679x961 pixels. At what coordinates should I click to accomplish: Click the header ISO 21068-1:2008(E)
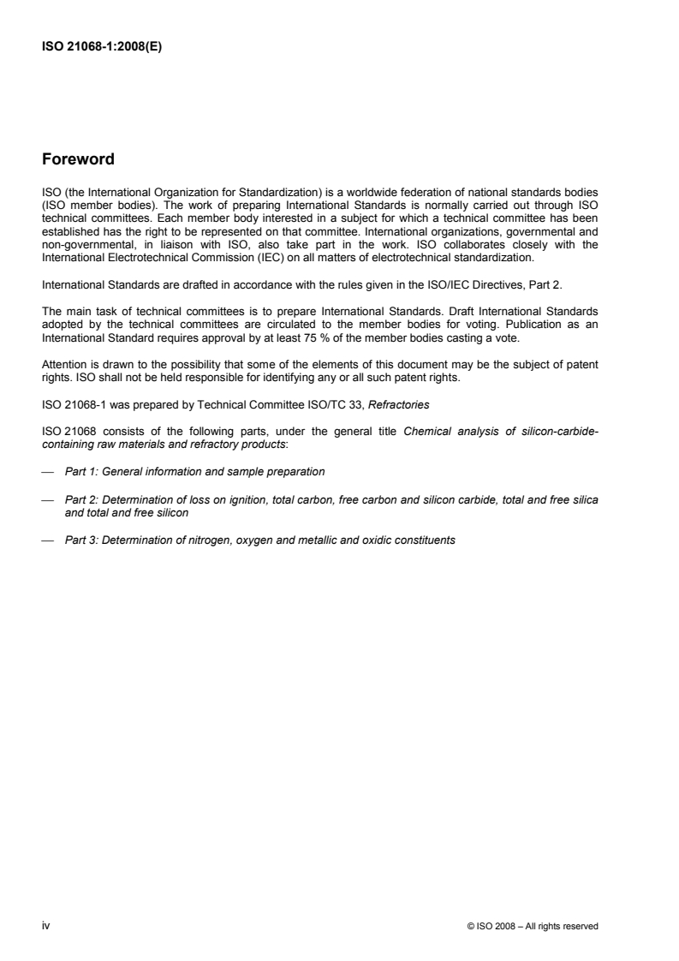coord(102,48)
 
